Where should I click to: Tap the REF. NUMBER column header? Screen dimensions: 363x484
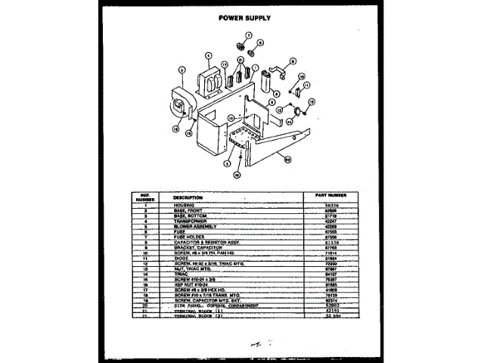pos(140,196)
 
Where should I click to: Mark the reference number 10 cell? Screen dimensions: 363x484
pos(140,253)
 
